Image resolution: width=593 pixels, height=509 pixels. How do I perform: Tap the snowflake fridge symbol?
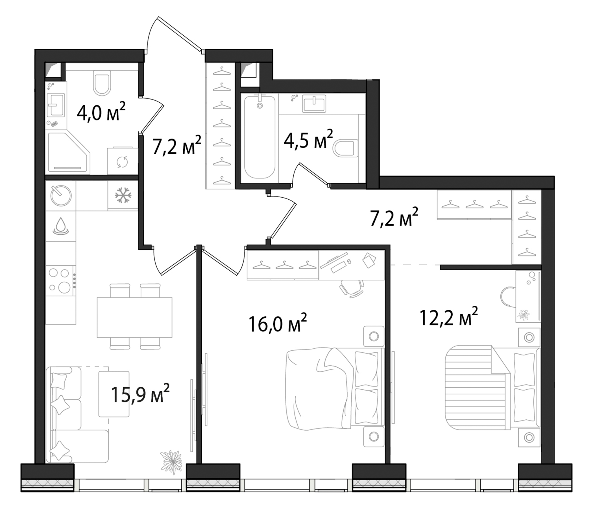123,195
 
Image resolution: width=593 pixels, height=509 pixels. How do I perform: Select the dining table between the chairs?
134,317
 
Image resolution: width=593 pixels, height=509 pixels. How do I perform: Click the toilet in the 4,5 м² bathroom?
346,148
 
